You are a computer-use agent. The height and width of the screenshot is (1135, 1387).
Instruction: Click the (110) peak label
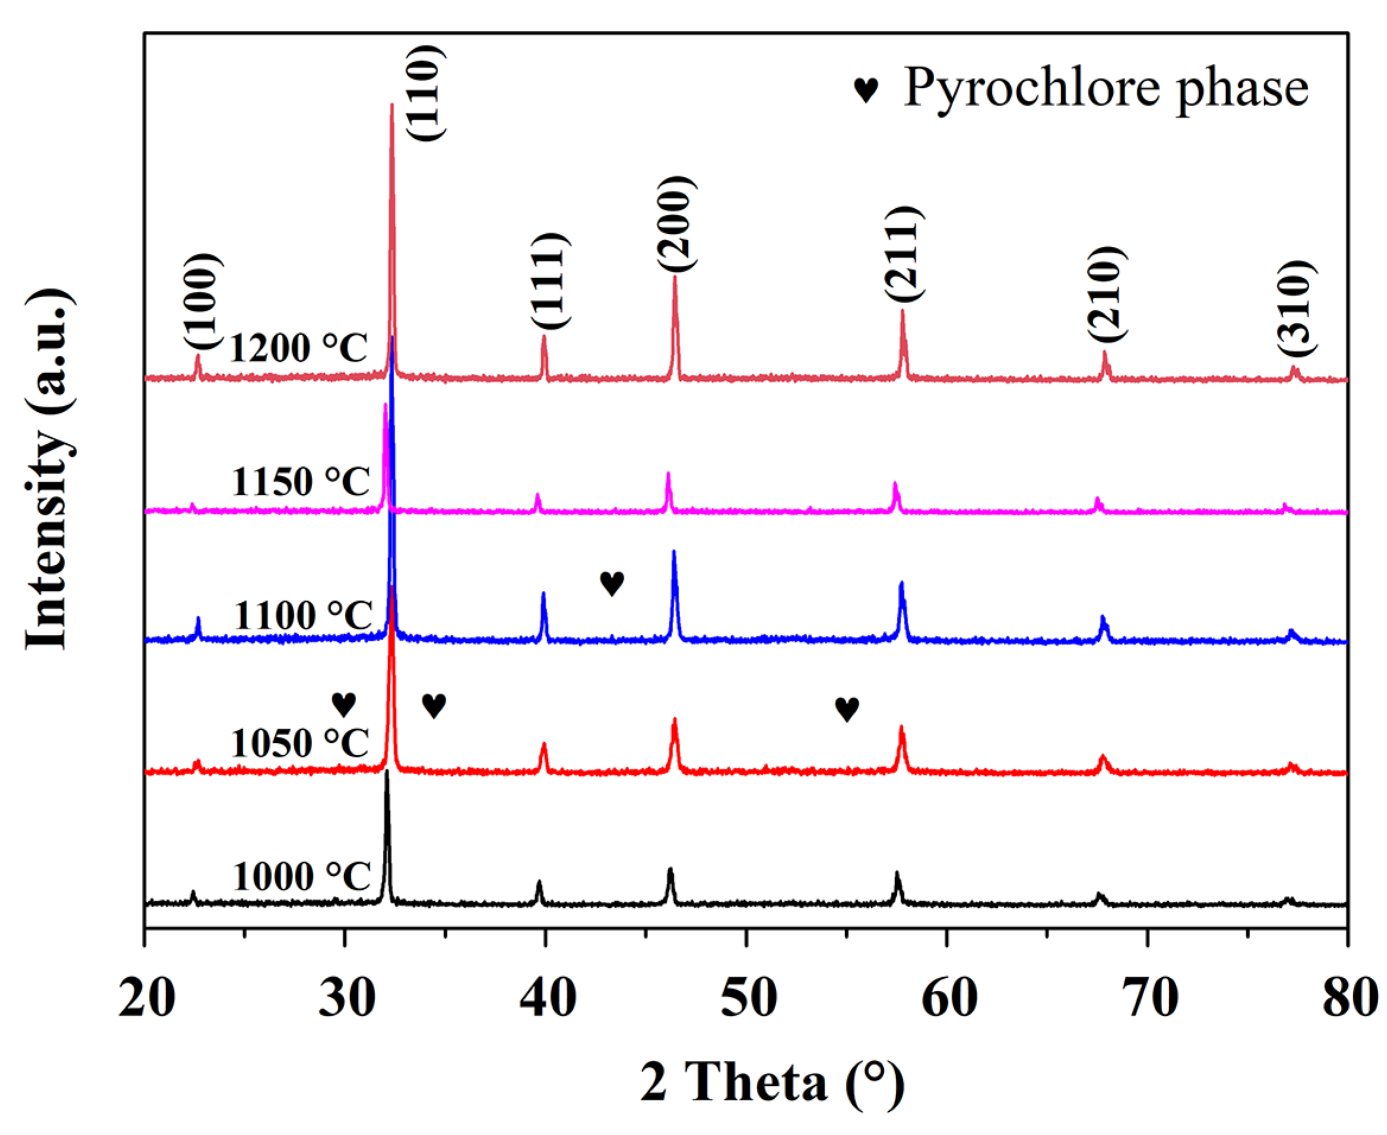[426, 92]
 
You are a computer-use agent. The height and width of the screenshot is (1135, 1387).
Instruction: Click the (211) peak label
[904, 254]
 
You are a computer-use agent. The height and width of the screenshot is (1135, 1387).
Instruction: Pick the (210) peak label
[1106, 294]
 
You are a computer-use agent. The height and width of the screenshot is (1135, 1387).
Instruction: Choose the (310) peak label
[1295, 308]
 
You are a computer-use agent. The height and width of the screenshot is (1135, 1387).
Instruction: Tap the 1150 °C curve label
[300, 482]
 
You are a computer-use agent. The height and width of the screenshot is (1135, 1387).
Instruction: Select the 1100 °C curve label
[303, 616]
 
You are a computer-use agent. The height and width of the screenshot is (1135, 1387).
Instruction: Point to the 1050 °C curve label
[300, 743]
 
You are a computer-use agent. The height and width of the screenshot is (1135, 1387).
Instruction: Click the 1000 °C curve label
[301, 877]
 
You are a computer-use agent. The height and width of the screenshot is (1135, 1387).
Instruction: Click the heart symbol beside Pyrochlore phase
[867, 90]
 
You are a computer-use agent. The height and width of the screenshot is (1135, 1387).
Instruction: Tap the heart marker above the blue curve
[612, 583]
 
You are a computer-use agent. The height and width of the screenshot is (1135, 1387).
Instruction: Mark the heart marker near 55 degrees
[847, 709]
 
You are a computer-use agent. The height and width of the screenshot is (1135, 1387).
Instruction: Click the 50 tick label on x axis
[748, 999]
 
